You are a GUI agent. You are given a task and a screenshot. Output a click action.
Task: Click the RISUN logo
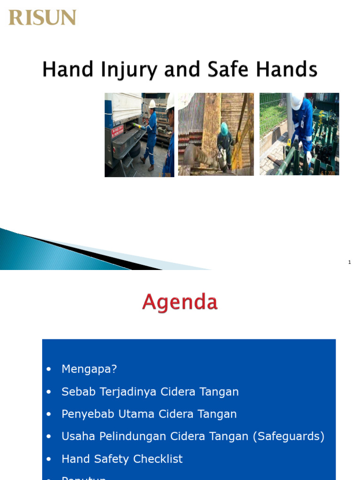[42, 18]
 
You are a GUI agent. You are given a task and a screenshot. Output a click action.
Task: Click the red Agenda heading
[180, 302]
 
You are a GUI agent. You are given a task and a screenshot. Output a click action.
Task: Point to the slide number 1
[350, 262]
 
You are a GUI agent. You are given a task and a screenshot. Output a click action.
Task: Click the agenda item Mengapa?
[89, 369]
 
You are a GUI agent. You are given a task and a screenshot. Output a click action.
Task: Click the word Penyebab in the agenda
[85, 414]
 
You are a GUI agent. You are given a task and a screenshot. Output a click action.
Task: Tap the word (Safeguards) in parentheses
[289, 436]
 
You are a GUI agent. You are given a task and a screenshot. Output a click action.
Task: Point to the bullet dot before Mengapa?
[49, 369]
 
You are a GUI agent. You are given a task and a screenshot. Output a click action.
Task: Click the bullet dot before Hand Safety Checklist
[49, 459]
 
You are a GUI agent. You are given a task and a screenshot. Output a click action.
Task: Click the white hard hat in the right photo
[296, 101]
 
